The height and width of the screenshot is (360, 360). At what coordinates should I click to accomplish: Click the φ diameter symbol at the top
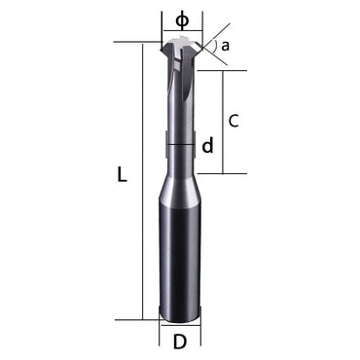pyautogui.click(x=181, y=20)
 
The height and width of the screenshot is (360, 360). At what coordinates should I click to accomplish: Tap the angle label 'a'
pyautogui.click(x=225, y=46)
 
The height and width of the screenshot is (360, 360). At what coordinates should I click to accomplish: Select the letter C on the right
pyautogui.click(x=234, y=121)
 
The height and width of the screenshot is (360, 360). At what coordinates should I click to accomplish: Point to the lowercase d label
pyautogui.click(x=207, y=146)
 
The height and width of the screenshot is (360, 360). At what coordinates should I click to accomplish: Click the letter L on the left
pyautogui.click(x=122, y=175)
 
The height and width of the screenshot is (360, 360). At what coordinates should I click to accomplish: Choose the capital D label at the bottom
pyautogui.click(x=180, y=342)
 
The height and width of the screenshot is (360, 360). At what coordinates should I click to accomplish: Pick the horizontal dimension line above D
pyautogui.click(x=180, y=326)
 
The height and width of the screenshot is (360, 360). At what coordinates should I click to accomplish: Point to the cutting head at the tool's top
pyautogui.click(x=180, y=49)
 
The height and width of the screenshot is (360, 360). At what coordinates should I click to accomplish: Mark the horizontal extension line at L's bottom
pyautogui.click(x=151, y=319)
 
